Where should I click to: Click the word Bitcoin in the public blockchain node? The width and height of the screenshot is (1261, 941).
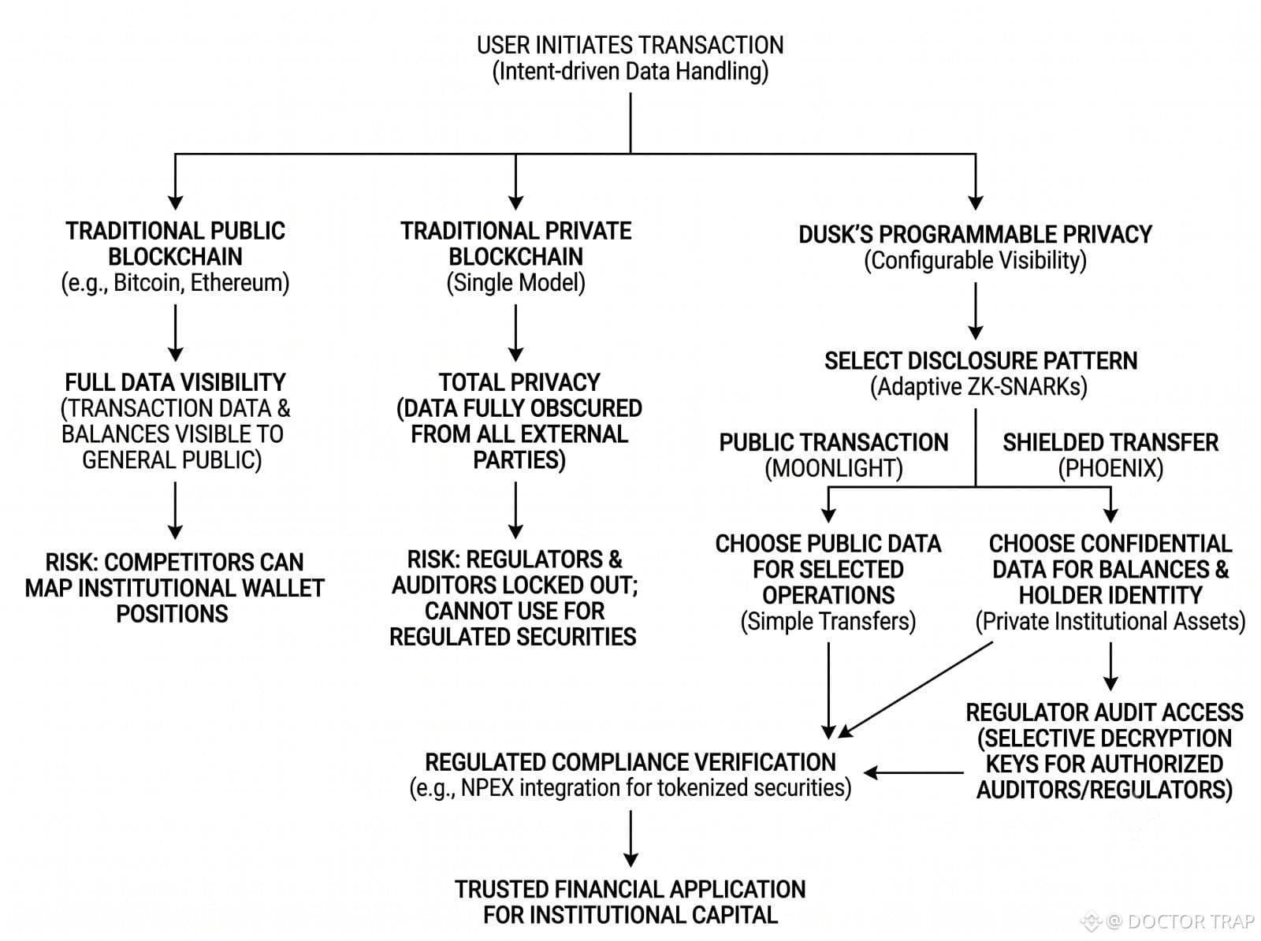click(147, 283)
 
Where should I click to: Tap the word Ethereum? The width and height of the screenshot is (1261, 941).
click(236, 283)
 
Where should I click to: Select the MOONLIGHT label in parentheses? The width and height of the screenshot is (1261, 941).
click(834, 468)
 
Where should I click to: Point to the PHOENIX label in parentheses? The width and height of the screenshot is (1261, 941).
click(1110, 468)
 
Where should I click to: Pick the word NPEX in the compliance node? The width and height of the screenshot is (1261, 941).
click(487, 787)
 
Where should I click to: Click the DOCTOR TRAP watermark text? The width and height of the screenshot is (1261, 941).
click(1190, 921)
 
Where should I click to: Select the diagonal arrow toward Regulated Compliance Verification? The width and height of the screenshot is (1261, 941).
click(915, 690)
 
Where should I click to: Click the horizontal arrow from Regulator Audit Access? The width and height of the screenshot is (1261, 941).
click(913, 772)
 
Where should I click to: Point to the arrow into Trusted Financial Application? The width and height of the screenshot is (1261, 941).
click(630, 839)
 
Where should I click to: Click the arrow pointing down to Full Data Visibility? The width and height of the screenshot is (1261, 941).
click(175, 333)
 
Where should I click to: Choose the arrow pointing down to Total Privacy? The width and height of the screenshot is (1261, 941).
click(516, 333)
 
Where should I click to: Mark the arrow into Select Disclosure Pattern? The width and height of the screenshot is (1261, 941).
click(976, 311)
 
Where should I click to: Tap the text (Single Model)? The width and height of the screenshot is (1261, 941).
click(516, 283)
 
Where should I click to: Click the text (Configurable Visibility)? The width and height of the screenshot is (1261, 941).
click(976, 260)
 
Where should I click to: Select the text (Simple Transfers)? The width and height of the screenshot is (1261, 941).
click(828, 621)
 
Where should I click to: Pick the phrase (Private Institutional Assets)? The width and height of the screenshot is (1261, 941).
click(1110, 621)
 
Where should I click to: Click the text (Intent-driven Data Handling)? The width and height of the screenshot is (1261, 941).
click(630, 71)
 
